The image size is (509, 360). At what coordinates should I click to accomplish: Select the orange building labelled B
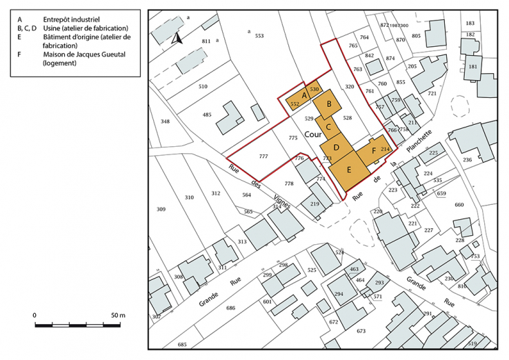pos(329,104)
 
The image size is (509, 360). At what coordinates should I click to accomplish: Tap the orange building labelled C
pos(330,126)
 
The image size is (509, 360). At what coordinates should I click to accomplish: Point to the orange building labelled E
pos(348,169)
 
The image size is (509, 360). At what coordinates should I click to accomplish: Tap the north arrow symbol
pos(177,39)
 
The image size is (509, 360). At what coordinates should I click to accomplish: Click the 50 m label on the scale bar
pos(117,315)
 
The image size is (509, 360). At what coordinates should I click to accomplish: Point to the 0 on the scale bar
pos(35,315)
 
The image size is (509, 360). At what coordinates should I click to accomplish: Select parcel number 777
pos(263,157)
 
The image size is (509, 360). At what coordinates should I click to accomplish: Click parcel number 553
pos(259,35)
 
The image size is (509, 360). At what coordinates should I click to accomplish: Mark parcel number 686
pos(230,308)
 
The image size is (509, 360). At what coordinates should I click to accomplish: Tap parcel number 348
pos(165,121)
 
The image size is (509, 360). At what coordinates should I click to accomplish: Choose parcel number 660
pos(459,205)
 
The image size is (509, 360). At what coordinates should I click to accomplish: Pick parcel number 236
pos(467,160)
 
